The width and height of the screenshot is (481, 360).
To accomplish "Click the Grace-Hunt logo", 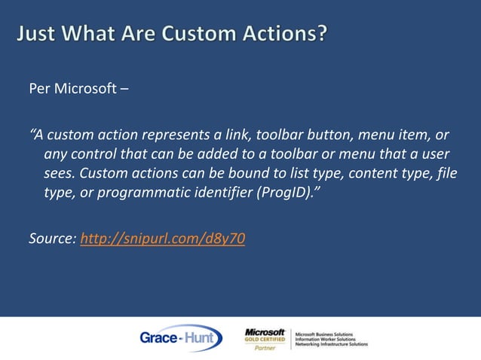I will [x=180, y=338].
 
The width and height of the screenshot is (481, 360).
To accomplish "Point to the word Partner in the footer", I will [x=265, y=348].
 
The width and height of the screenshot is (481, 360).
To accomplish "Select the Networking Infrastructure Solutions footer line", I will [x=331, y=344].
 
